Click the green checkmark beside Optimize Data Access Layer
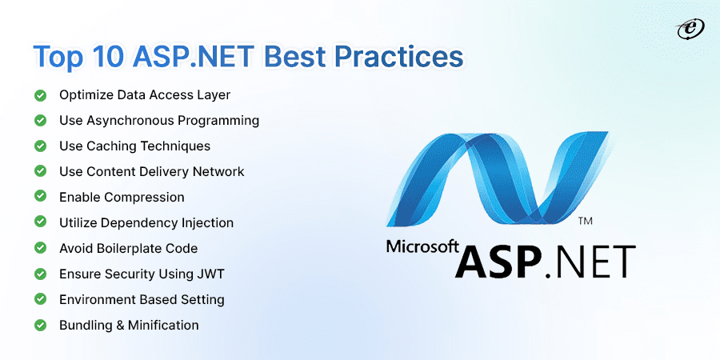[40, 95]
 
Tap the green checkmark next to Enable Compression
[40, 198]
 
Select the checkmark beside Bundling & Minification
[40, 326]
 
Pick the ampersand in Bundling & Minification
[119, 326]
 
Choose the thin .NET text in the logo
[592, 262]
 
